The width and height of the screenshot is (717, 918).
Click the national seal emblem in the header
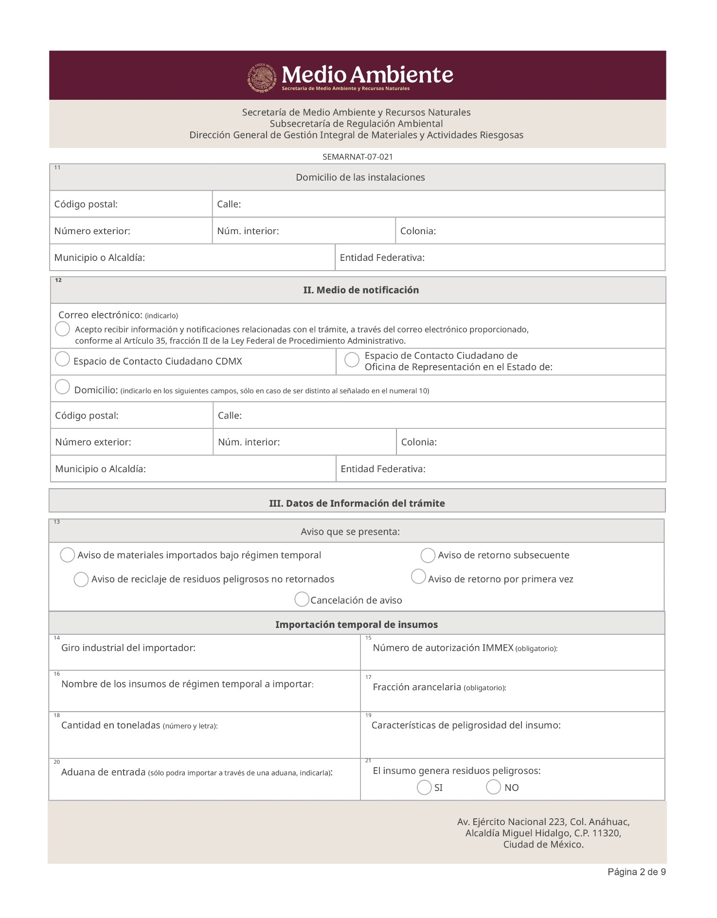pos(263,77)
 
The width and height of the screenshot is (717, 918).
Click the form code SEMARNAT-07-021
pos(358,157)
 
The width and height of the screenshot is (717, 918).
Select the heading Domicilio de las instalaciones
pos(360,177)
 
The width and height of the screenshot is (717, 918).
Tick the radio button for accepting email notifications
pos(62,329)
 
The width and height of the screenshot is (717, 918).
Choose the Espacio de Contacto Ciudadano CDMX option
pos(62,359)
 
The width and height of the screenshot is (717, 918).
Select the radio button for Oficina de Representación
pos(352,360)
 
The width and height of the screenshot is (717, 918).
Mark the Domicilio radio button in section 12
pos(62,387)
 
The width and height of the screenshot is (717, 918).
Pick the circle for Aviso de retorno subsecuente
pos(428,555)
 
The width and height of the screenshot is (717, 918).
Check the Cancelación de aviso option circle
pos(302,599)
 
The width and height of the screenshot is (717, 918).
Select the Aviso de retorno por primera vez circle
pos(418,577)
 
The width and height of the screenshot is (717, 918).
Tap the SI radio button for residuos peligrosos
pos(424,788)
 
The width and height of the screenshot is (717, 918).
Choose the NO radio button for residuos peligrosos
pos(493,787)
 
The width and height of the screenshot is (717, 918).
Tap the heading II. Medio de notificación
pos(361,290)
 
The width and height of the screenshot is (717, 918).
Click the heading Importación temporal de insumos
pos(357,624)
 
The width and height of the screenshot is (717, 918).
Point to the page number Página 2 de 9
pos(636,872)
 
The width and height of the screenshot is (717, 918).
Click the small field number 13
pos(57,522)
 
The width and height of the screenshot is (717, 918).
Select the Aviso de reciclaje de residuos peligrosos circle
pos(81,580)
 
